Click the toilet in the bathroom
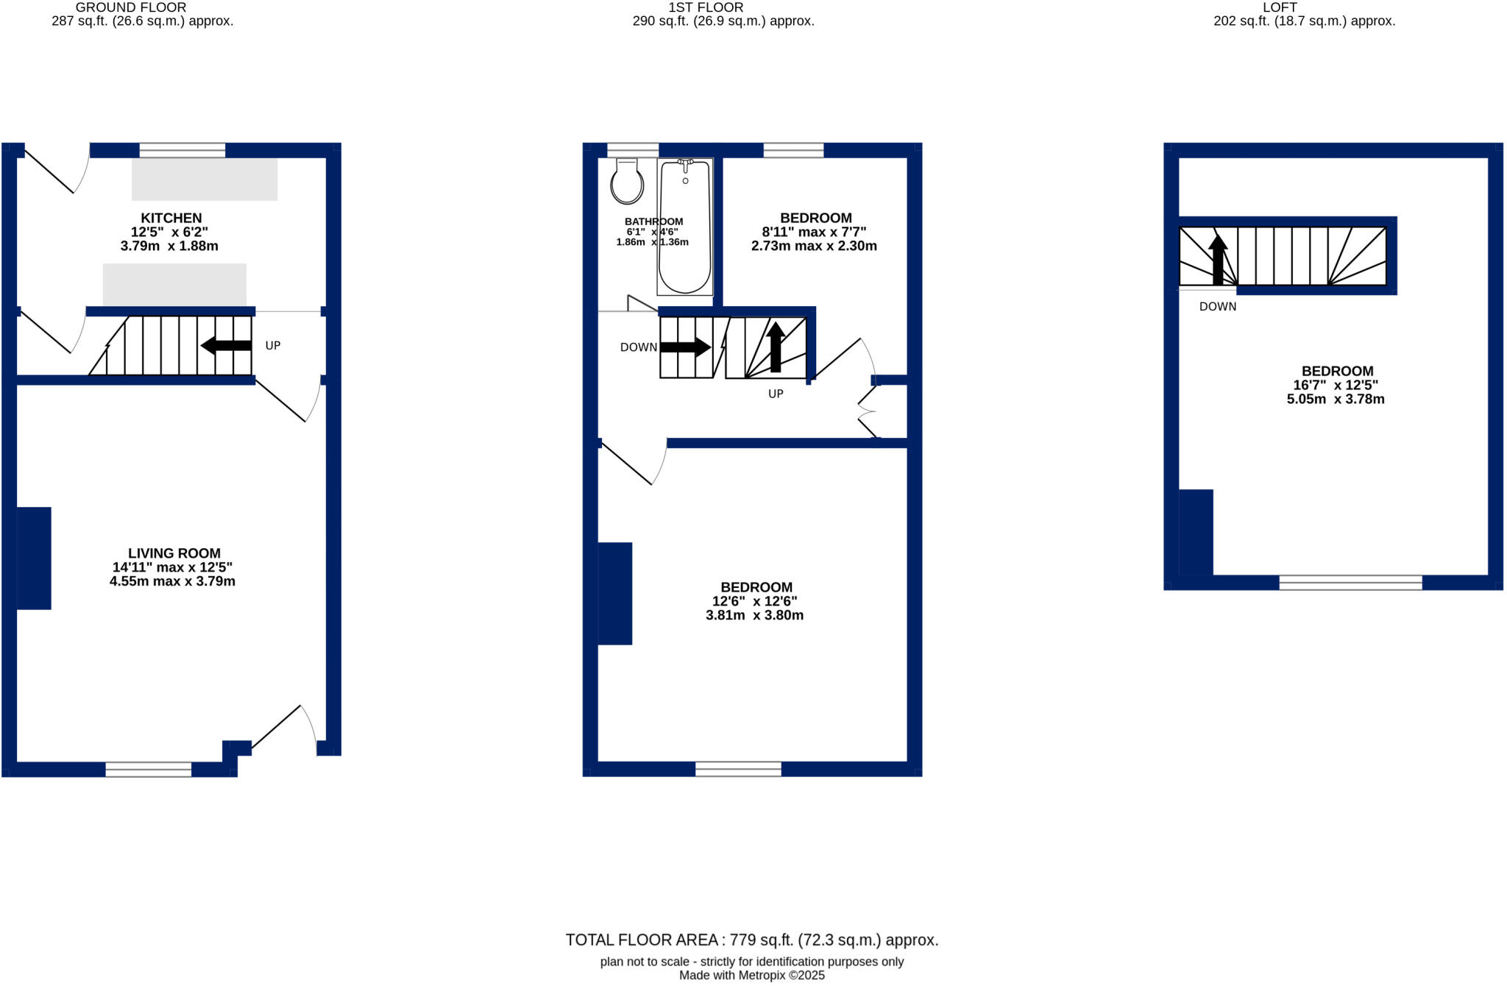(627, 182)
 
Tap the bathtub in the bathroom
(685, 227)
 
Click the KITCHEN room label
(171, 218)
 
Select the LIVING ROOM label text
(174, 553)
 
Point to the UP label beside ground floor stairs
(273, 346)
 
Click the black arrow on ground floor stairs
(226, 345)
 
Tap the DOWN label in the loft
(1218, 307)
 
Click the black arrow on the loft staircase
(1218, 259)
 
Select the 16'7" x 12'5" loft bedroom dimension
(1336, 386)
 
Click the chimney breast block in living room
(34, 558)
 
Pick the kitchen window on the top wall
(182, 150)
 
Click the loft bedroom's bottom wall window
(1350, 583)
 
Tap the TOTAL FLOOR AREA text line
(752, 940)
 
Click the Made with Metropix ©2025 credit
(752, 976)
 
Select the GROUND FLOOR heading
(131, 7)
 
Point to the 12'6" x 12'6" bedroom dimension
(754, 601)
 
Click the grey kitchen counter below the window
(205, 179)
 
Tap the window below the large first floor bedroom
(738, 769)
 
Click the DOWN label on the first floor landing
(638, 347)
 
